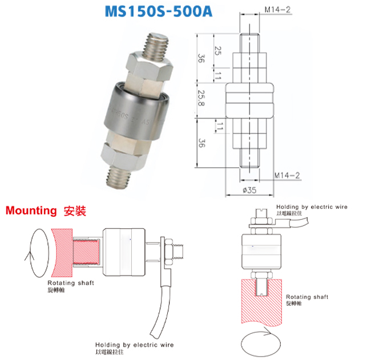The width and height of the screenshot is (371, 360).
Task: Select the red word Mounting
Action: click(31, 211)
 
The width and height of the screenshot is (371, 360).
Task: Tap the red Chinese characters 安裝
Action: click(74, 211)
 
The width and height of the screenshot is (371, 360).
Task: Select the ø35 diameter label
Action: click(250, 190)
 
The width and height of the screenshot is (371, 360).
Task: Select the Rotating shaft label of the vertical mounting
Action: click(307, 297)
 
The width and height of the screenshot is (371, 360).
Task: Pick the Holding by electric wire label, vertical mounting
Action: click(312, 207)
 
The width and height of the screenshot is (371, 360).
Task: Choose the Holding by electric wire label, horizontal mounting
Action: click(134, 345)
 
